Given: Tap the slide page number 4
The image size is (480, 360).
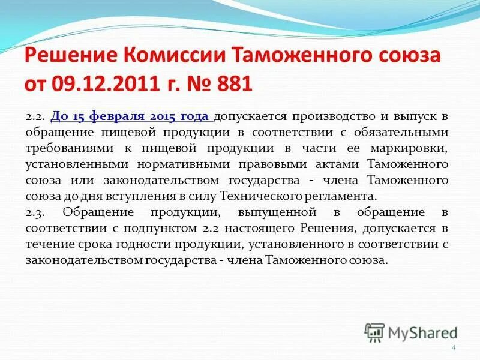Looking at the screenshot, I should click(x=454, y=349).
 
